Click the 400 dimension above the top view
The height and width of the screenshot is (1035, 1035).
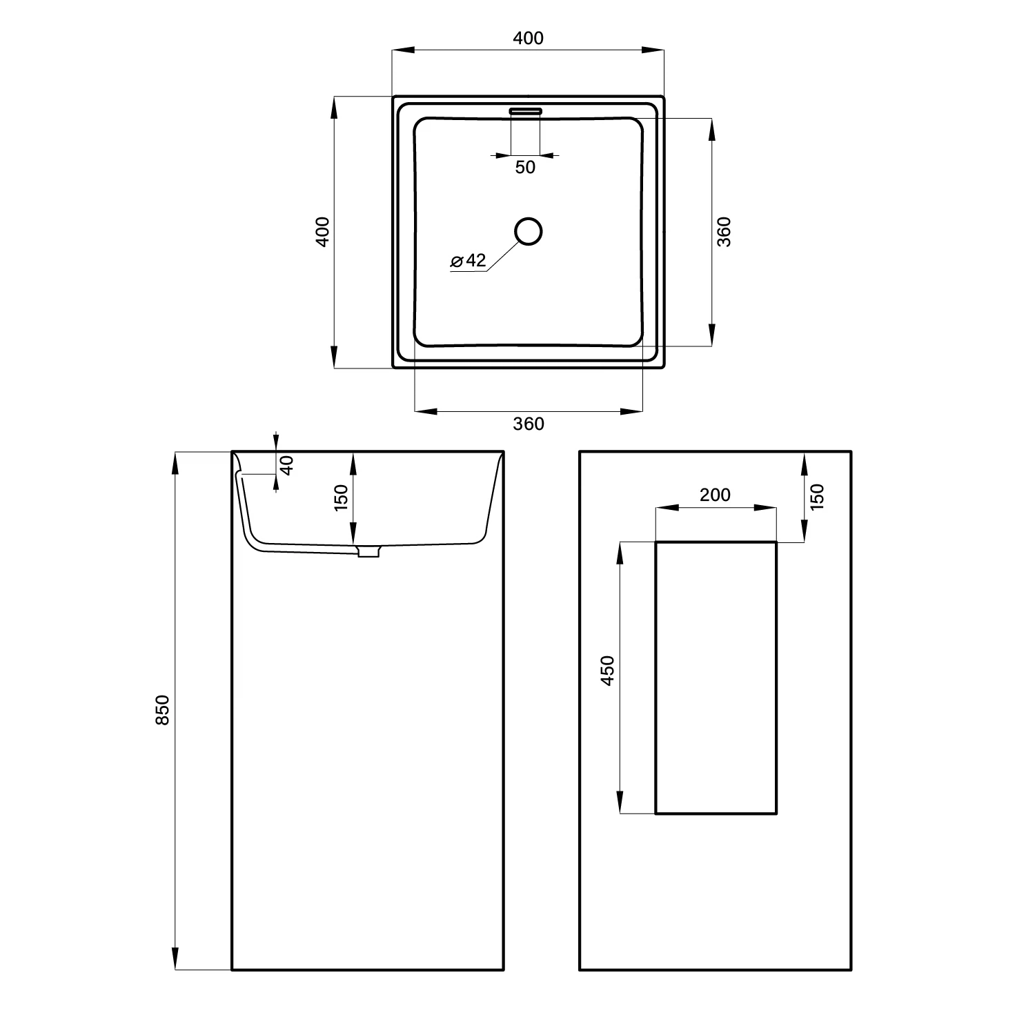529,39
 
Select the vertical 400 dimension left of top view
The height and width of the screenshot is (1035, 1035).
323,232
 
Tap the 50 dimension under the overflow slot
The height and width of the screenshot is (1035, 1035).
525,167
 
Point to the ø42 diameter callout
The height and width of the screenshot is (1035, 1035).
469,261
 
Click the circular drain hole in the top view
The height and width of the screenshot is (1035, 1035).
529,231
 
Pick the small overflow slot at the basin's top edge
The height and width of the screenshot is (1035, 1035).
526,110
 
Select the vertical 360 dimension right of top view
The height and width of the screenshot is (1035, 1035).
724,232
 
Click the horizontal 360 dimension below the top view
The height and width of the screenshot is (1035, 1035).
529,424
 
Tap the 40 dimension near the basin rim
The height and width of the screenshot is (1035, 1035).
287,464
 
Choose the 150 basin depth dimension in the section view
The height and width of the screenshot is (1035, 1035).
342,497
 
